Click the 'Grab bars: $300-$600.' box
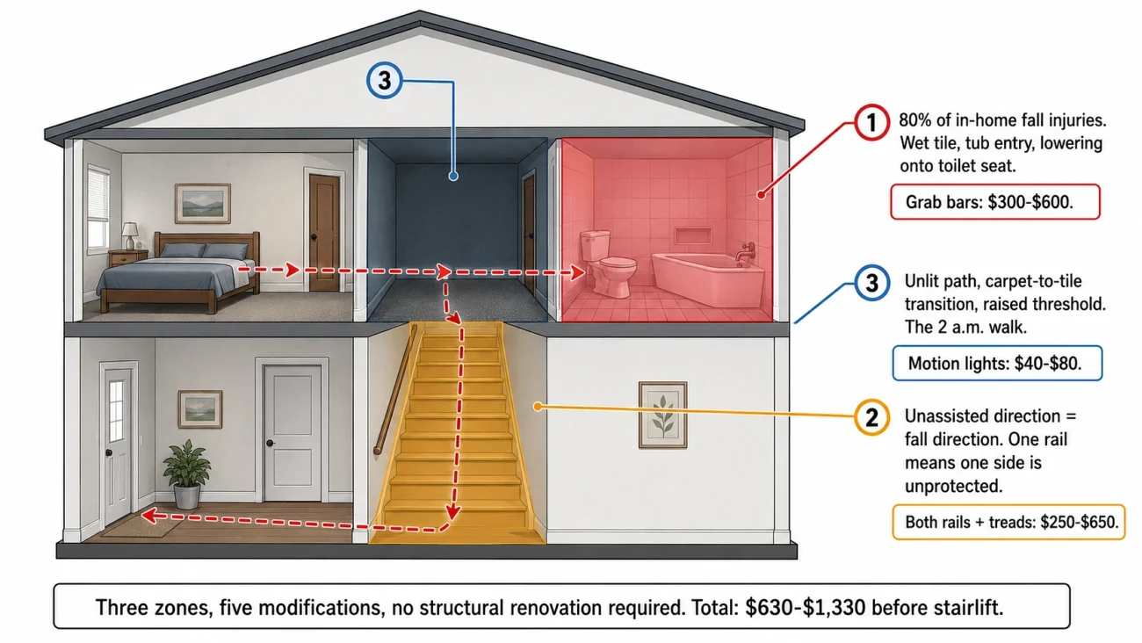pos(994,202)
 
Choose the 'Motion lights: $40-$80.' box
pos(997,363)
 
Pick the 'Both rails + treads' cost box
pos(1008,522)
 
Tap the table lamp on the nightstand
pos(130,235)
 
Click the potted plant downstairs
pos(186,474)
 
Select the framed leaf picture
pos(662,415)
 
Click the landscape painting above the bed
pos(202,204)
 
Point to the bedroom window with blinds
pos(98,208)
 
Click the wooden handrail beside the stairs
pos(394,388)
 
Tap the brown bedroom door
pos(324,232)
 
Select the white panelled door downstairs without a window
pos(293,432)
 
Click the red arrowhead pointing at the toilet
pos(578,272)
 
